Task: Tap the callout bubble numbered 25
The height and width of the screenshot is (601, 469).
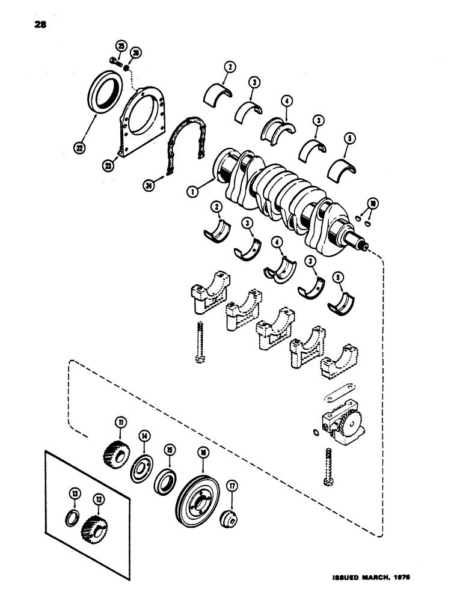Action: (120, 46)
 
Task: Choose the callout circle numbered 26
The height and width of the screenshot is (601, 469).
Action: (135, 53)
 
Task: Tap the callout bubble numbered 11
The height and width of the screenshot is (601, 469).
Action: (122, 423)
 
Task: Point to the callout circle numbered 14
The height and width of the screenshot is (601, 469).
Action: (145, 436)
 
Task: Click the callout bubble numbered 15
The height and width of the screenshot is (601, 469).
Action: (171, 449)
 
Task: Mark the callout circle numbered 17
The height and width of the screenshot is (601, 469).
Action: (230, 486)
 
